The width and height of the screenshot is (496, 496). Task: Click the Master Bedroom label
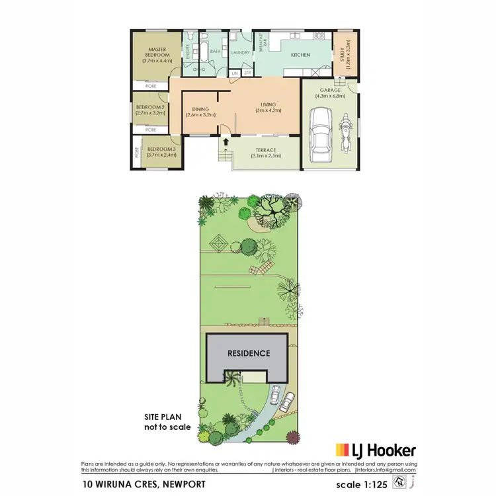click(157, 52)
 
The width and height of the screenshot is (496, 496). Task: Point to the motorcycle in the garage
click(344, 132)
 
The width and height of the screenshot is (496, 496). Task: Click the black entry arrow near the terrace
click(226, 141)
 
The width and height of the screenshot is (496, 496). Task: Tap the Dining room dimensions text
click(201, 115)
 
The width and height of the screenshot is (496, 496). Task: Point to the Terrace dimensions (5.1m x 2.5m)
click(266, 156)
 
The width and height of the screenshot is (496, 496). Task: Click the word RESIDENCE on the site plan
click(249, 353)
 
